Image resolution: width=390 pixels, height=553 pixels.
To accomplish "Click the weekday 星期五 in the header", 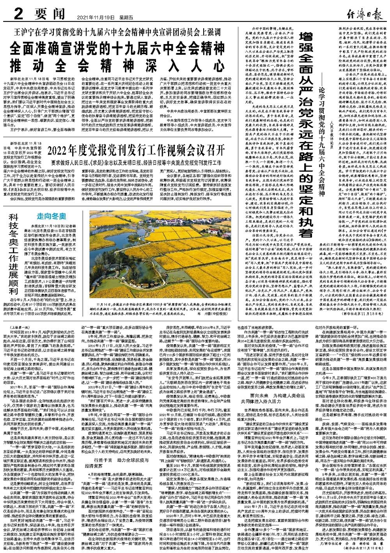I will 126,18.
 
